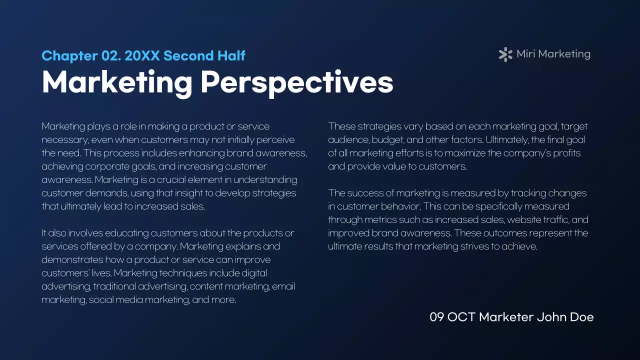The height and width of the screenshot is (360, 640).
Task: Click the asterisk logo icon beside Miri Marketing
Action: [505, 54]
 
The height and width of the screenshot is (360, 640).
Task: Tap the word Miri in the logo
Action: [525, 54]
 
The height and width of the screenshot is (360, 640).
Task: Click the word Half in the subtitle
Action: [231, 55]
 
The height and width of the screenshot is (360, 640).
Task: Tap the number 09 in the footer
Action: [436, 317]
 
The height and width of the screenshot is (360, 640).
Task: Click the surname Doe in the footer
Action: [581, 317]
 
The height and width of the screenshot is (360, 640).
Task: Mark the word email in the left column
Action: [284, 286]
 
